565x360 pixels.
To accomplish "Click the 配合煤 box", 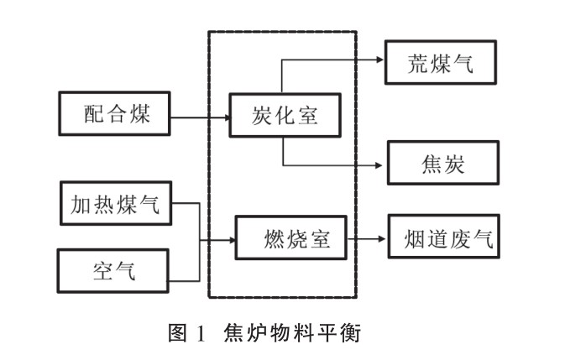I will [x=115, y=113].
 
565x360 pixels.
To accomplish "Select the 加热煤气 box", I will [x=116, y=203].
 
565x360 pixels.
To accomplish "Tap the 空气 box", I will [x=114, y=269].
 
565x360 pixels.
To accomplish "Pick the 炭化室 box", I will [x=285, y=114].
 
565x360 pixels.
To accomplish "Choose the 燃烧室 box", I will [x=290, y=239].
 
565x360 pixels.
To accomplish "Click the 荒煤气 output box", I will [x=442, y=62].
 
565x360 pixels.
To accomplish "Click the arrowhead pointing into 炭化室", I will [x=225, y=117].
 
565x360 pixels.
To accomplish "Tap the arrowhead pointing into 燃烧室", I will [x=230, y=241].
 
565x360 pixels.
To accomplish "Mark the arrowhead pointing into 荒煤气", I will [x=379, y=60].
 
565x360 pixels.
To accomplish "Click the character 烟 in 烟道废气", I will [x=410, y=239].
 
